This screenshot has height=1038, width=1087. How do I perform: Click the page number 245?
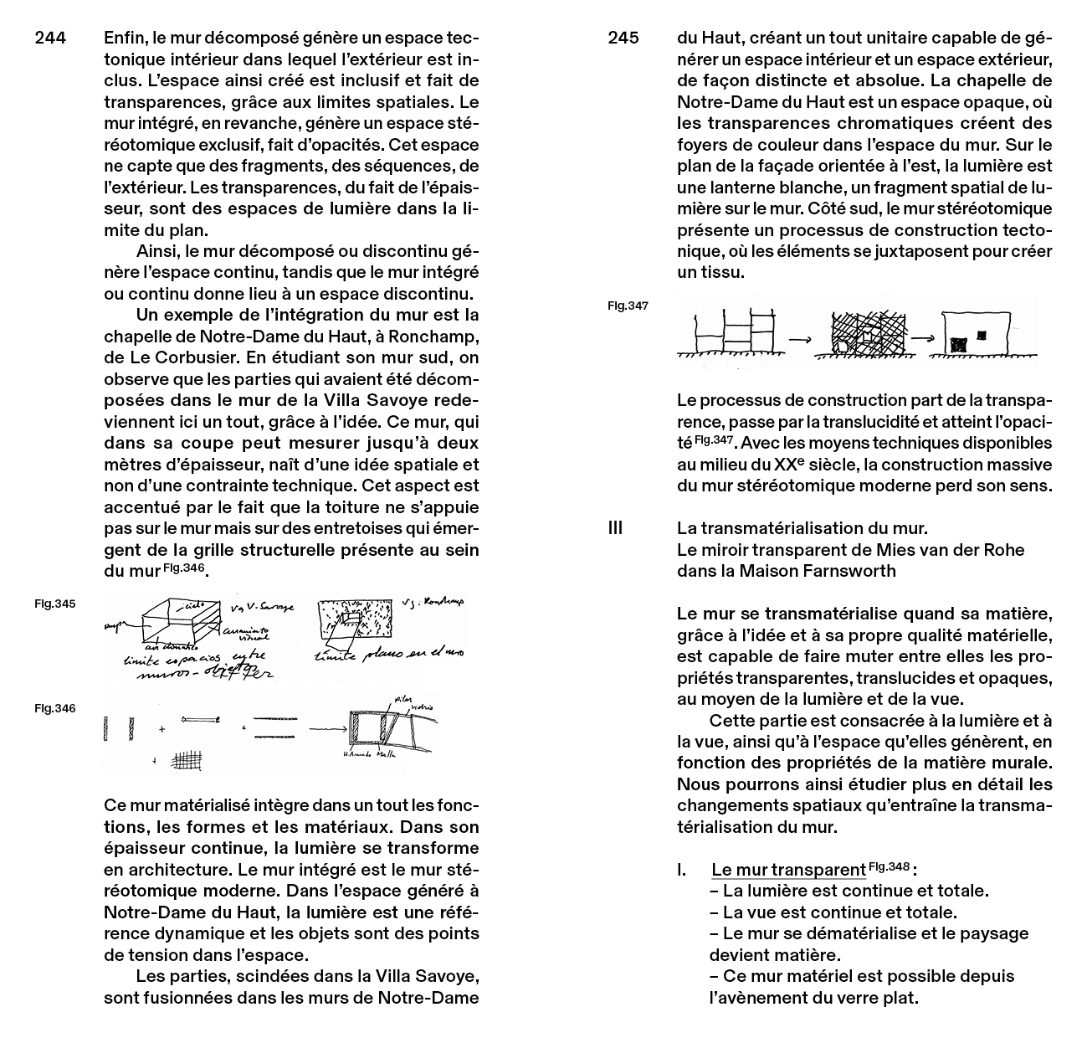point(623,38)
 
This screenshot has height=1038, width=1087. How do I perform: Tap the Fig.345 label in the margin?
point(54,603)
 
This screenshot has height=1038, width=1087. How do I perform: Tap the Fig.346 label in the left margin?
point(54,708)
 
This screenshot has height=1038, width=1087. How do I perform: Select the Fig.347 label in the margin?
point(628,306)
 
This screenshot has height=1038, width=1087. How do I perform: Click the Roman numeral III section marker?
point(615,528)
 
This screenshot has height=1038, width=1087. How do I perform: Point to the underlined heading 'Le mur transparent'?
point(787,871)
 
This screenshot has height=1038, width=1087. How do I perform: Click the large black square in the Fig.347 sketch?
point(959,344)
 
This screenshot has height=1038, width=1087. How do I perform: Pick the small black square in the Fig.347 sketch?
point(982,334)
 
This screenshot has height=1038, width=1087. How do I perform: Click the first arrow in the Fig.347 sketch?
point(801,339)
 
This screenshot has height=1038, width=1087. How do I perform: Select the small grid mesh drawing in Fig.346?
point(186,760)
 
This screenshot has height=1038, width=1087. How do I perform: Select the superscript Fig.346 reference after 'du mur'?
point(183,568)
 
